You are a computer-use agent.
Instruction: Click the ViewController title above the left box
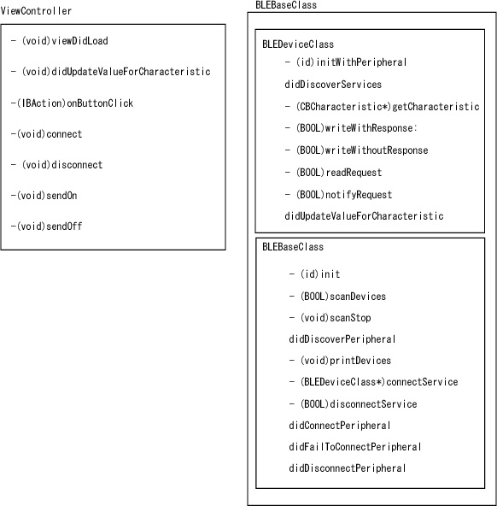tap(36, 11)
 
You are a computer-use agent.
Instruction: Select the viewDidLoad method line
tap(59, 41)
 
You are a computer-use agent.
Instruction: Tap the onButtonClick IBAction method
tap(72, 103)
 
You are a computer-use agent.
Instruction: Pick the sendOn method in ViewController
tap(44, 196)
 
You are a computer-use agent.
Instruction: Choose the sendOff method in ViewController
tap(46, 227)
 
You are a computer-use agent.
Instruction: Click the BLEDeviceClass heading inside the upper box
tap(298, 44)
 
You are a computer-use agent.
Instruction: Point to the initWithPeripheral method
tap(346, 62)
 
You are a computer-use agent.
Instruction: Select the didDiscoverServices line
tap(333, 85)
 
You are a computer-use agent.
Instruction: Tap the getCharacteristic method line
tap(383, 107)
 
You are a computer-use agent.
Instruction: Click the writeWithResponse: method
tap(351, 128)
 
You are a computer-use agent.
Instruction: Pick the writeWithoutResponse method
tap(356, 150)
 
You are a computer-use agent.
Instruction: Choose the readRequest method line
tap(333, 173)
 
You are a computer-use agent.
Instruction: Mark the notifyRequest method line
tap(338, 195)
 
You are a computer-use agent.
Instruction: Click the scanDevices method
tap(337, 297)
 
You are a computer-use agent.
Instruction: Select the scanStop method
tap(330, 318)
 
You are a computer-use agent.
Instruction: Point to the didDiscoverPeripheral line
tap(342, 339)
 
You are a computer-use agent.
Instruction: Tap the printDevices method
tap(340, 361)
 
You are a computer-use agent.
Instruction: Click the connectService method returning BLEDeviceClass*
tap(373, 382)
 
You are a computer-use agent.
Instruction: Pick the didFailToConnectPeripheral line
tap(355, 447)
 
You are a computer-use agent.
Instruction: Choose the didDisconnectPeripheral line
tap(347, 468)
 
